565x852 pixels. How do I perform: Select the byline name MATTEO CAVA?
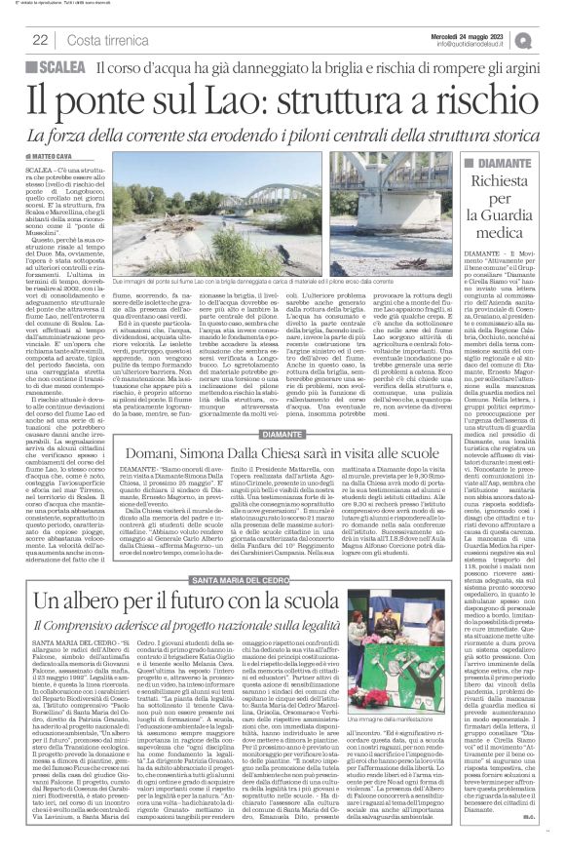click(x=56, y=157)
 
